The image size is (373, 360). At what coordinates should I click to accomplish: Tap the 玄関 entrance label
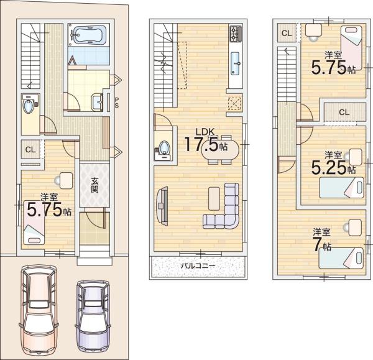(94, 185)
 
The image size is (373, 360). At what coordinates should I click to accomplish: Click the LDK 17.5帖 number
(201, 144)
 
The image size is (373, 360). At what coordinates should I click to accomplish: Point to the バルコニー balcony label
(198, 265)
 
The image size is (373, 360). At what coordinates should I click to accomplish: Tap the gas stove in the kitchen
(236, 33)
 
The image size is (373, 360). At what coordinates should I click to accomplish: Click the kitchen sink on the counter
(236, 63)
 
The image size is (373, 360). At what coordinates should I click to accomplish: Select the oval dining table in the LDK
(220, 150)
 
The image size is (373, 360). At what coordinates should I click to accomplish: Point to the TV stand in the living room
(162, 205)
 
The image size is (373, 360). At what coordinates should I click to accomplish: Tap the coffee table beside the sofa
(214, 198)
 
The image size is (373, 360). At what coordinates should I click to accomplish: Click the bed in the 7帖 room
(341, 258)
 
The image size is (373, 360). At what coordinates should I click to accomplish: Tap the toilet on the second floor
(163, 148)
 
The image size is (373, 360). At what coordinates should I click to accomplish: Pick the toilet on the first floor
(29, 106)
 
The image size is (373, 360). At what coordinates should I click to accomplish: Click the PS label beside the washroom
(117, 103)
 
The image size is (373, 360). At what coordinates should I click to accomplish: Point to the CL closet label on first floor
(30, 150)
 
